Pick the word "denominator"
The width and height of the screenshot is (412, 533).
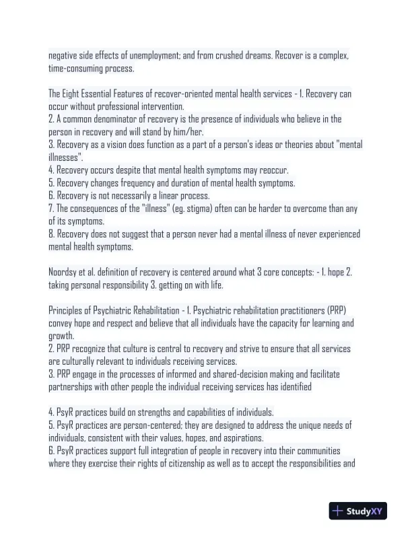pos(113,119)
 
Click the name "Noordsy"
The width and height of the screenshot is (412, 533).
pos(65,272)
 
